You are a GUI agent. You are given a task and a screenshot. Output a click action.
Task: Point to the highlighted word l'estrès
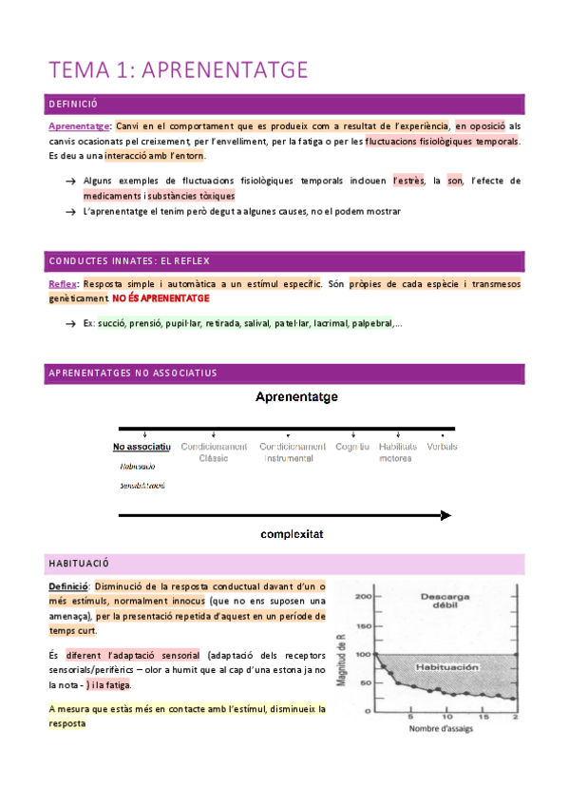tap(407, 181)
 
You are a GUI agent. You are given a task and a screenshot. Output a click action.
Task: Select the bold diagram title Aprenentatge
tap(295, 396)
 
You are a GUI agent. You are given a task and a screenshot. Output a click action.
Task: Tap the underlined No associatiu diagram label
tap(142, 447)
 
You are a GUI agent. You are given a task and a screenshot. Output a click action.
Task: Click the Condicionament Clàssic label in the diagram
tap(214, 452)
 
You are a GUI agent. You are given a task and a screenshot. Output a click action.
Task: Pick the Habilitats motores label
tap(397, 452)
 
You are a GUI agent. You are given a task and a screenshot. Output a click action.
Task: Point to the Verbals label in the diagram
tap(442, 447)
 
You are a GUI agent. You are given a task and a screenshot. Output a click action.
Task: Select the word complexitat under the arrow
tap(293, 534)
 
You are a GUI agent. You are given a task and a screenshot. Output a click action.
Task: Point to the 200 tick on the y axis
tap(361, 597)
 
